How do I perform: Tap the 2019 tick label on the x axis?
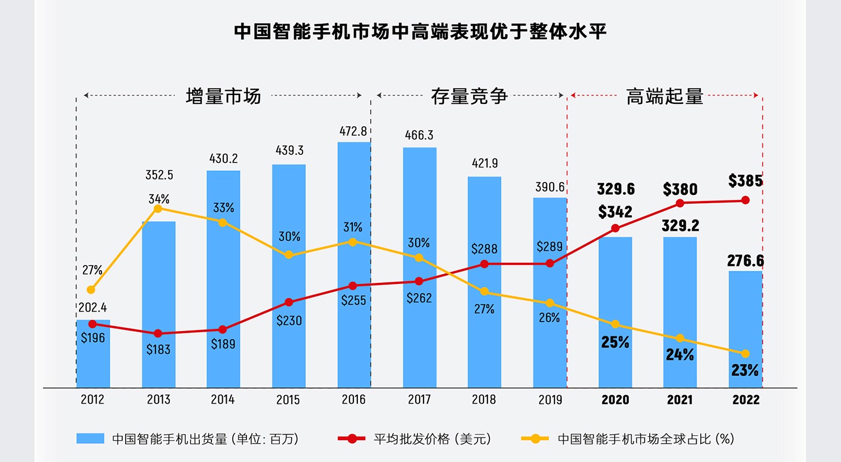point(550,400)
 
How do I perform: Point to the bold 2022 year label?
point(746,400)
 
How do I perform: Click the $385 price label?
point(745,181)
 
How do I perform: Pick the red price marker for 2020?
point(615,228)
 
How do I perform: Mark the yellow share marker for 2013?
point(158,209)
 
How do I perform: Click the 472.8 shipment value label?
point(353,131)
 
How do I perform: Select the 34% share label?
point(159,199)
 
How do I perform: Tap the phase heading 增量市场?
point(223,97)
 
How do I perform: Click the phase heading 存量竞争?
point(469,97)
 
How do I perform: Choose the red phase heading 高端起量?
point(664,97)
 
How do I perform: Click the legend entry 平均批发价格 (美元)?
point(432,439)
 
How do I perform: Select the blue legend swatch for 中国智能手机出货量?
point(90,438)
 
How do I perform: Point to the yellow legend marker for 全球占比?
point(535,438)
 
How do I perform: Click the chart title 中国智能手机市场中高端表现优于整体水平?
point(420,31)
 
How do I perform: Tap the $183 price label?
point(158,350)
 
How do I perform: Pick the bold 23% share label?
point(745,370)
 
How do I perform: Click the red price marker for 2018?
point(484,264)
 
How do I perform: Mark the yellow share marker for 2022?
point(745,354)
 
